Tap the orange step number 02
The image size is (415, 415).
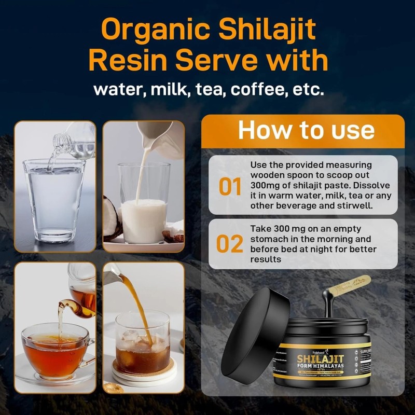(x=230, y=244)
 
